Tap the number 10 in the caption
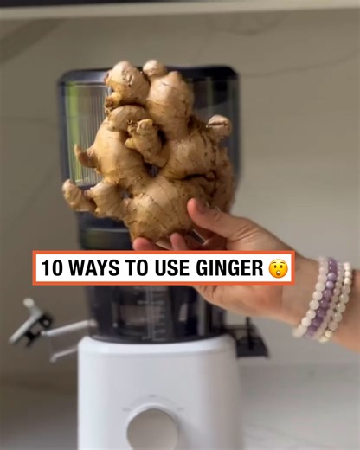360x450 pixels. [x=51, y=268]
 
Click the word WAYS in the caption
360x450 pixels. [x=95, y=268]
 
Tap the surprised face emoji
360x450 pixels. [x=277, y=268]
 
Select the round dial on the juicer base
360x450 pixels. [x=154, y=426]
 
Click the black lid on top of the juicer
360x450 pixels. [x=147, y=75]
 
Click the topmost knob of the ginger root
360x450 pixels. [x=154, y=67]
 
